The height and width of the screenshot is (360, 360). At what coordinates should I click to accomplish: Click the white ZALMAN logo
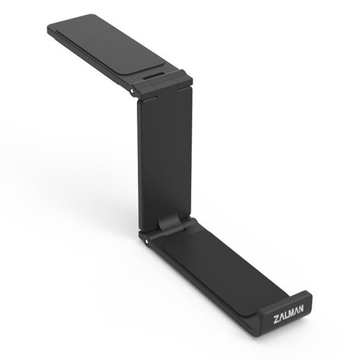click(289, 314)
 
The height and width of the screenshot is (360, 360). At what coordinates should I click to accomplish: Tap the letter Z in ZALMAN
click(276, 320)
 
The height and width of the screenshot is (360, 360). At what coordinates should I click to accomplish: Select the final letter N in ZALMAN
click(300, 308)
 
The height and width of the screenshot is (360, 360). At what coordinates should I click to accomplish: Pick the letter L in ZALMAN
click(286, 315)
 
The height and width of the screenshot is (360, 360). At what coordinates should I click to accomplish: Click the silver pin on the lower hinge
click(146, 241)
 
